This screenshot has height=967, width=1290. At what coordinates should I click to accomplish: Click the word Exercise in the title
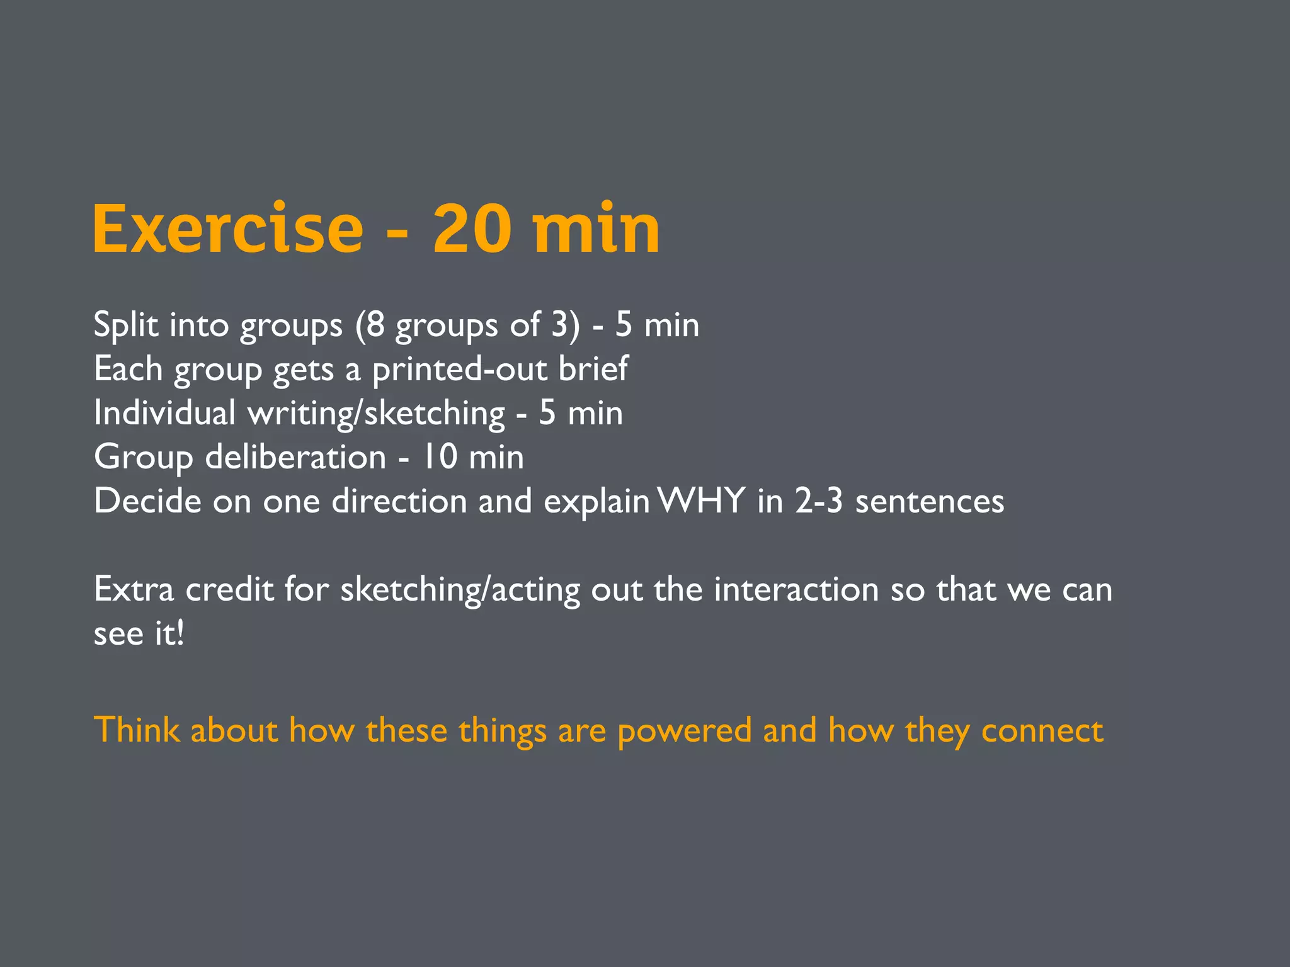click(x=228, y=229)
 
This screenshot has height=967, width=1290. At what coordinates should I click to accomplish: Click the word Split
click(x=125, y=325)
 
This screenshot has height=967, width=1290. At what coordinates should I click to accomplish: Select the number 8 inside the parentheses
click(x=375, y=325)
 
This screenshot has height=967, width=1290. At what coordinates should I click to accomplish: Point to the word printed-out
click(x=459, y=370)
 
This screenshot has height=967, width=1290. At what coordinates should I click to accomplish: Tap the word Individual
click(x=164, y=413)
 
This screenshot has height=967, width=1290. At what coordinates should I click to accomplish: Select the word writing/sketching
click(x=376, y=414)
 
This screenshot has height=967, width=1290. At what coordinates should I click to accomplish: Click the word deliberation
click(x=295, y=457)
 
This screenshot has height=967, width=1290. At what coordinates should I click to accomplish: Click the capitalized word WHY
click(x=701, y=501)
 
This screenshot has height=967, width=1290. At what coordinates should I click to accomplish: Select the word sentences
click(x=929, y=502)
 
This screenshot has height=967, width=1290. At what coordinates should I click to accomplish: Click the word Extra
click(x=134, y=590)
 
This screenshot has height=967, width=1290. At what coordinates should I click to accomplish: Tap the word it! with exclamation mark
click(x=169, y=633)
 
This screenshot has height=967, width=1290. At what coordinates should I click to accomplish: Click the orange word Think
click(x=136, y=730)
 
